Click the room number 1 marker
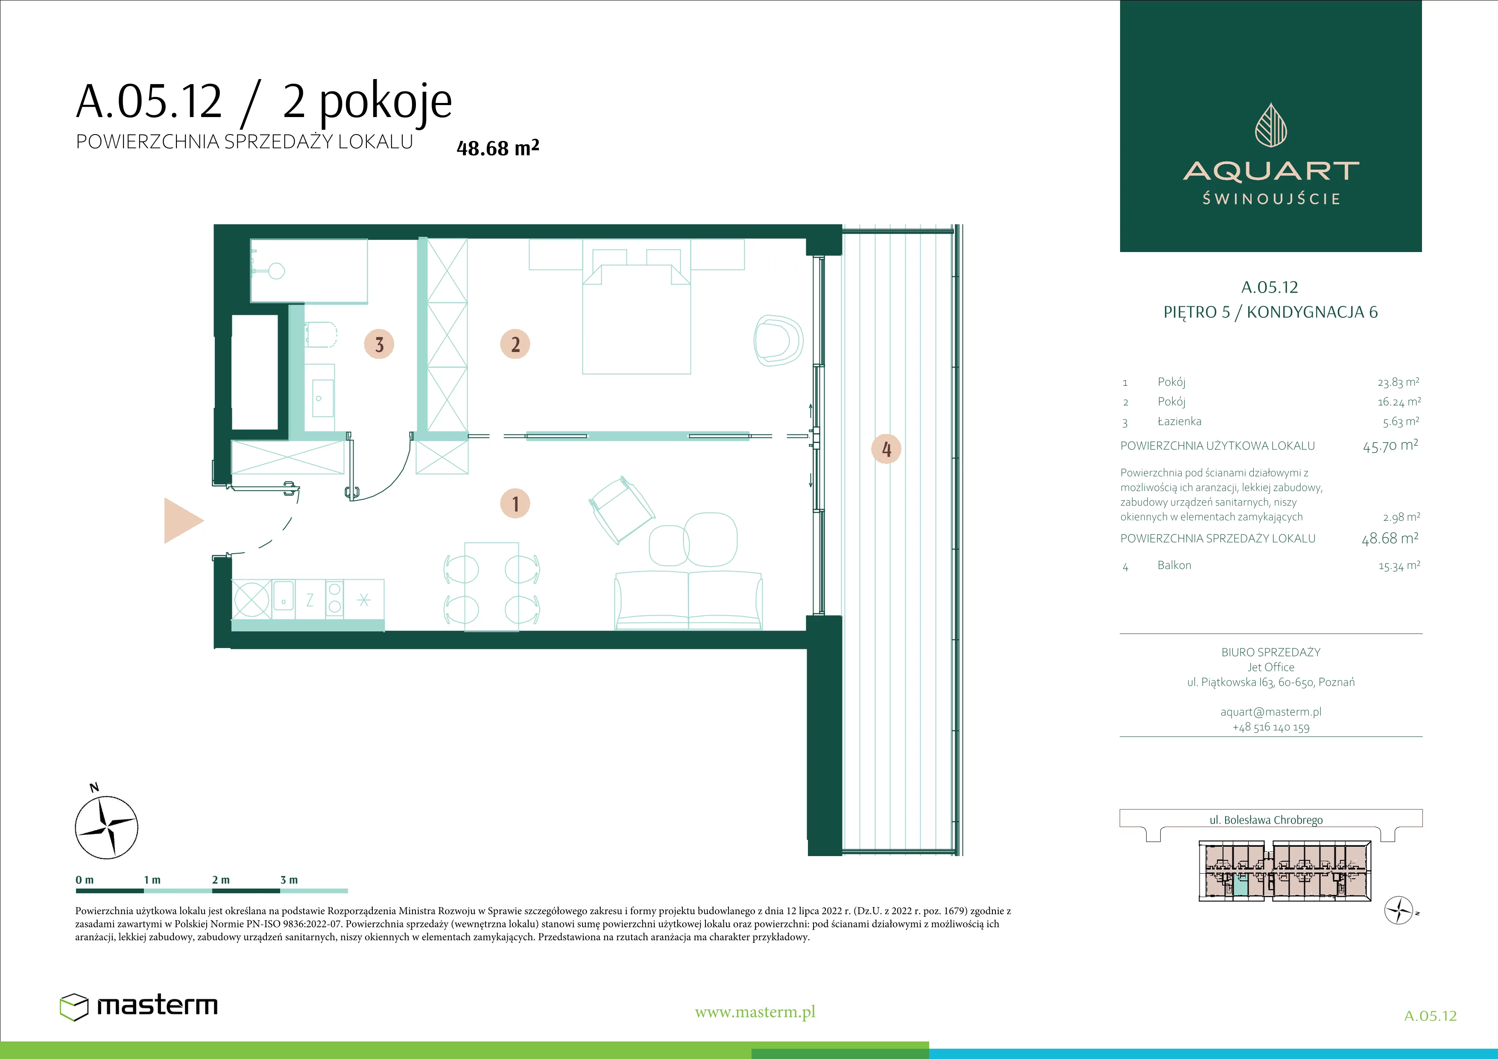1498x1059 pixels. pos(515,504)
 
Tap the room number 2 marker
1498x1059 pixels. pos(515,344)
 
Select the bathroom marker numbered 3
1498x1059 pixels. pos(379,344)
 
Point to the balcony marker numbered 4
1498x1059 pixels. pos(886,449)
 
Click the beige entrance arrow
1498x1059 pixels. pos(183,521)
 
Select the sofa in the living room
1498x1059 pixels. pos(688,600)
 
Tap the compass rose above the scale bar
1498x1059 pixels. pos(106,826)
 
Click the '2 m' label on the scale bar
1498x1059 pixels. pos(220,880)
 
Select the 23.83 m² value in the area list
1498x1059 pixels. pos(1398,382)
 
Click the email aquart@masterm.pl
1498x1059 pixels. pos(1270,712)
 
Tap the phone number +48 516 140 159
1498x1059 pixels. pos(1270,727)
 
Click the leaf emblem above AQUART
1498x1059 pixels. pos(1271,125)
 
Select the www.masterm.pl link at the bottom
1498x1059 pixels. pos(755,1012)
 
